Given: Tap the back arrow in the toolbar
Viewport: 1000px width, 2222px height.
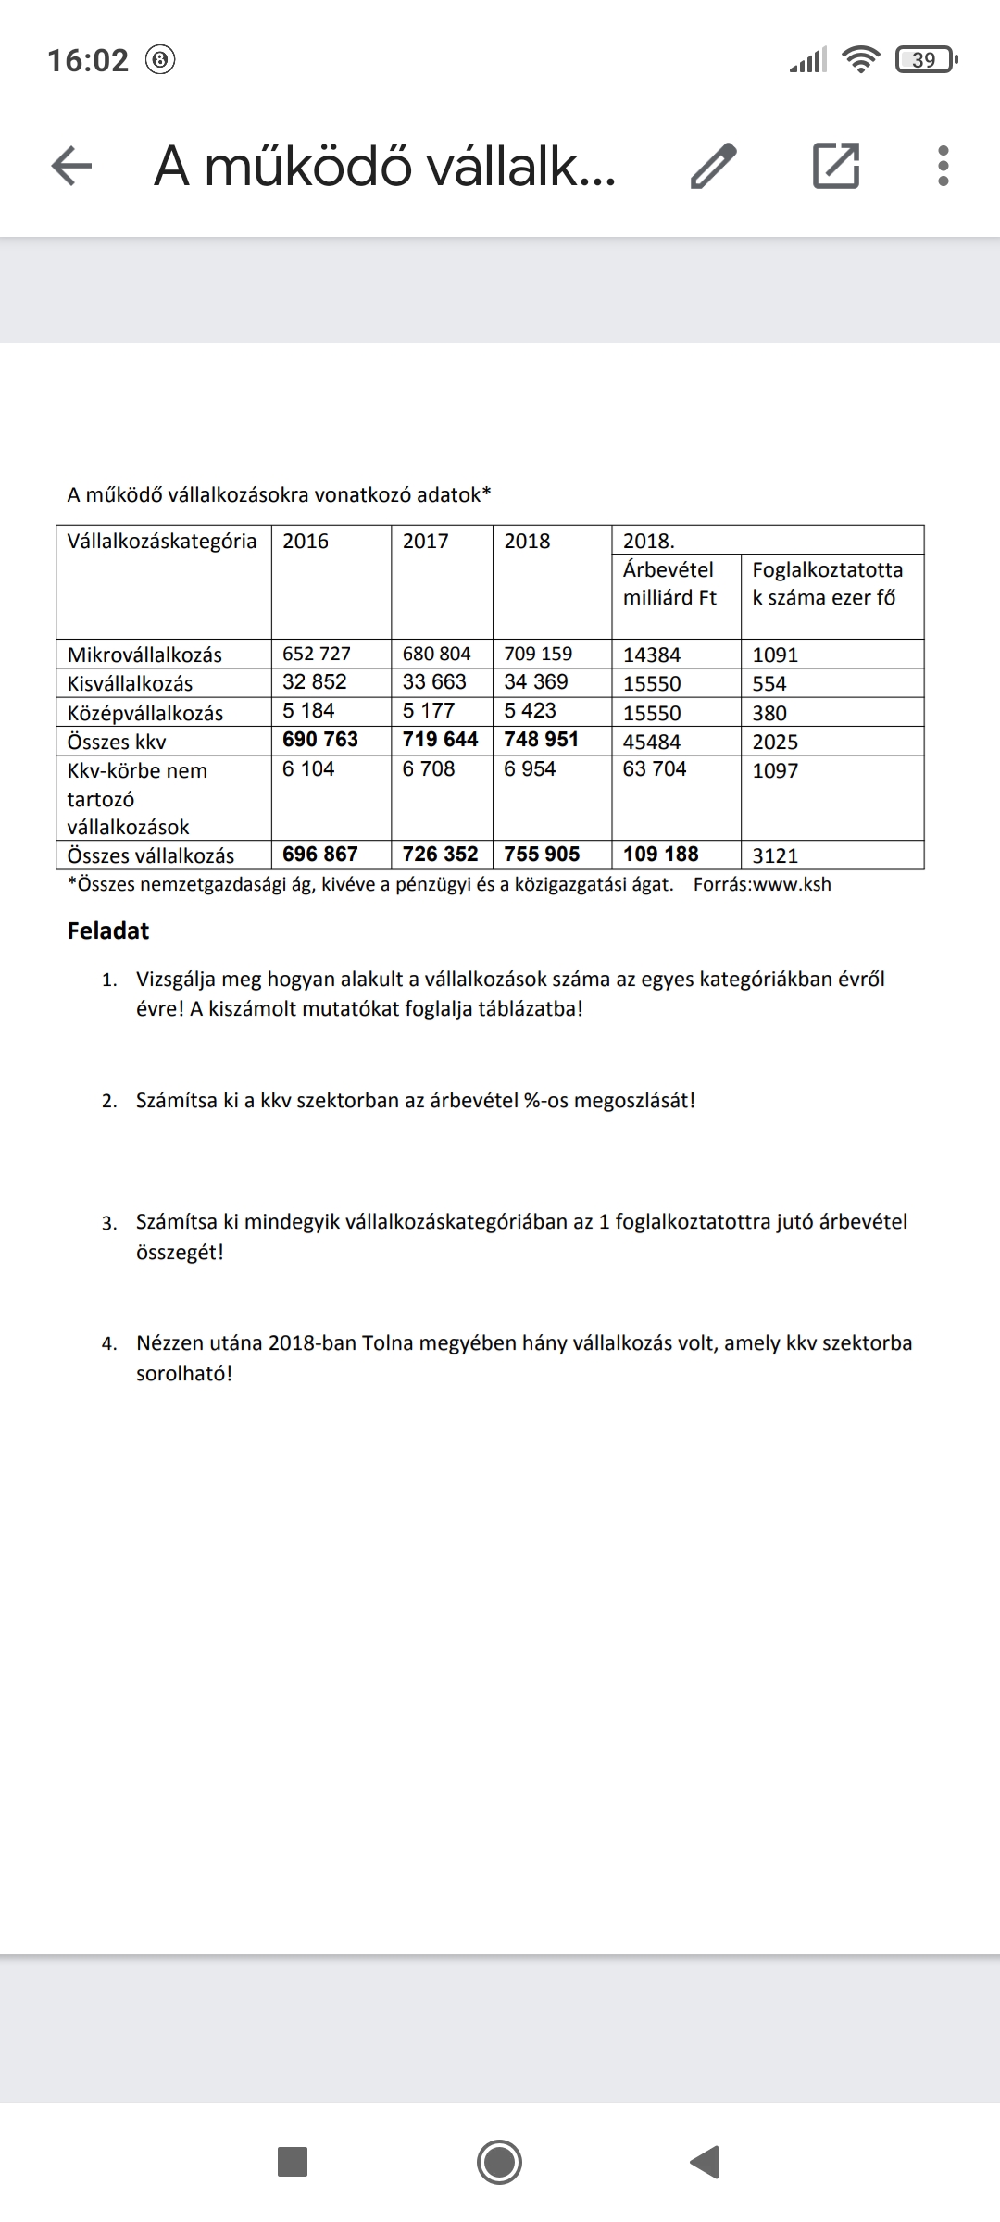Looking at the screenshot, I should [x=71, y=167].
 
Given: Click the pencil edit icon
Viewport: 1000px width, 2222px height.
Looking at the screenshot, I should [x=714, y=167].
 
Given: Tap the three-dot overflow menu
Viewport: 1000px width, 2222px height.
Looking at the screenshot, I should [x=943, y=167].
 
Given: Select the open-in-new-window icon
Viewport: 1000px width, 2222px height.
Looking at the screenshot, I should [x=835, y=167].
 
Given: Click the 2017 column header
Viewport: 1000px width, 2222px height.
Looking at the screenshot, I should [x=426, y=542].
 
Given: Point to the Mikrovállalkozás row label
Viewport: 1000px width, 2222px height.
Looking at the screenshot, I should [x=144, y=655].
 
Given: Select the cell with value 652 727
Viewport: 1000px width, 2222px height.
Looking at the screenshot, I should [x=317, y=654].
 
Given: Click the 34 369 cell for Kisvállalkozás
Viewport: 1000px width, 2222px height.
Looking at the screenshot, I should [x=536, y=682].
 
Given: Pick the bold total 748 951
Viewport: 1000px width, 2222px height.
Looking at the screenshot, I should [x=541, y=740].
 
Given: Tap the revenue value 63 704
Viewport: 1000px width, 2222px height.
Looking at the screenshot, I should [x=655, y=769].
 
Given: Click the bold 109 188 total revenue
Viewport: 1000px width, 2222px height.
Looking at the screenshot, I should [x=661, y=855].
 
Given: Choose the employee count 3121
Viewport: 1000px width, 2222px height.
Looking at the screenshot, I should [x=775, y=856].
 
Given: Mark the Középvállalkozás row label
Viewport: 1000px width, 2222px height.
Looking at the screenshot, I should [x=145, y=714].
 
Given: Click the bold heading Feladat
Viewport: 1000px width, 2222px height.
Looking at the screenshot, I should [x=108, y=931].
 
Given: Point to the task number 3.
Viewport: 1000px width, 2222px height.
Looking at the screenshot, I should [x=109, y=1224].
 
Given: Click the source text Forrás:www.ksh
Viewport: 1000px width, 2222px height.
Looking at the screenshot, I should [x=762, y=885].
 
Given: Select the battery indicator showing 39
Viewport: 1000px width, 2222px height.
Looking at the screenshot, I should [x=924, y=61].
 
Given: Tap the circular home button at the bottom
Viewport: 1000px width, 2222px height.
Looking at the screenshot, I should [x=499, y=2163].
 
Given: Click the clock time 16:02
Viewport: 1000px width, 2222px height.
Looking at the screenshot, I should [x=88, y=61].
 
